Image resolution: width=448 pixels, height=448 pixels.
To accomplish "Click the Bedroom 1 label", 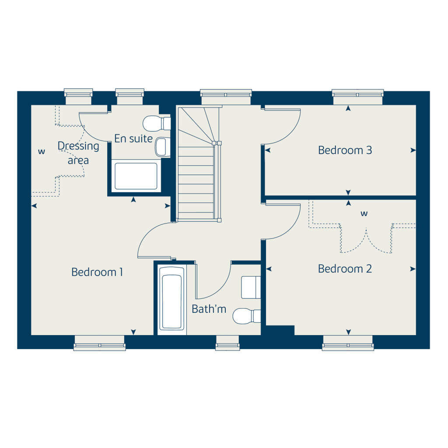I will click(97, 272).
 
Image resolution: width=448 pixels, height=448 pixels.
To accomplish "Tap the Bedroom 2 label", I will click(345, 269).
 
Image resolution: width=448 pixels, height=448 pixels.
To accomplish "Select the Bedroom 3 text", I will click(345, 150).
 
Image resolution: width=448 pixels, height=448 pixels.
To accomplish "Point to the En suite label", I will click(133, 139).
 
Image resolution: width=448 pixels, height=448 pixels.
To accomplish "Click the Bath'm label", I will click(209, 309).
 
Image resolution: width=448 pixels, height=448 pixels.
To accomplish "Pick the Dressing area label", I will click(78, 153).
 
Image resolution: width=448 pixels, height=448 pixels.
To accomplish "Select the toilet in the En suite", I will click(157, 123).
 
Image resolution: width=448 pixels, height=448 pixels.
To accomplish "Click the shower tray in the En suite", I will click(136, 176).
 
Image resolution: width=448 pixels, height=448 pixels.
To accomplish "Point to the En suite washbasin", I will click(162, 147).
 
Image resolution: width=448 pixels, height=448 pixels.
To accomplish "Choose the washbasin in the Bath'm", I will click(251, 287).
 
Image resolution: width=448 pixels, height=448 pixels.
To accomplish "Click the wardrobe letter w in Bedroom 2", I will click(364, 214).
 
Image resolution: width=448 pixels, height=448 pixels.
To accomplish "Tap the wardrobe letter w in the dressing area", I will click(42, 152).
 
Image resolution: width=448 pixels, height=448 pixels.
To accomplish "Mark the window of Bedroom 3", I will click(357, 93).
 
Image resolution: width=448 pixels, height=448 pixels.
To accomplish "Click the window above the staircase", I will click(226, 93).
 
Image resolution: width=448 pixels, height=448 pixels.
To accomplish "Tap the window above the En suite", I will click(130, 93).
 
